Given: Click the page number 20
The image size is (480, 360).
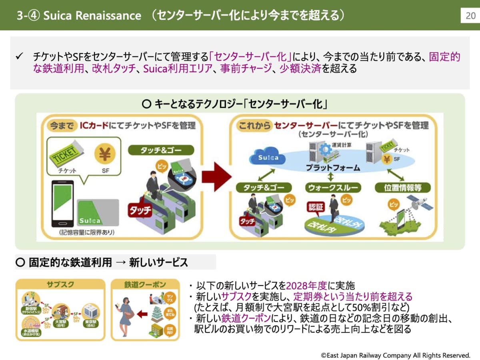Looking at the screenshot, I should coord(471,16).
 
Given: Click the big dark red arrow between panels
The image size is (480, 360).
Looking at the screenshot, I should coord(216,176).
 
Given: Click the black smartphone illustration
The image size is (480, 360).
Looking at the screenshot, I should coord(62,204).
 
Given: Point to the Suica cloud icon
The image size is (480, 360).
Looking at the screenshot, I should coord(268,157).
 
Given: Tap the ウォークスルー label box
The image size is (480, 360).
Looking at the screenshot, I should coord(333,187).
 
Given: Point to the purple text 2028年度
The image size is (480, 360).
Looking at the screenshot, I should coord(306,286).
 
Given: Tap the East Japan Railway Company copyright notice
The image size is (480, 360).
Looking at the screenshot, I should coord(395,355).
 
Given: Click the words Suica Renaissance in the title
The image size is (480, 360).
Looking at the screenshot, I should coord(92,16).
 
